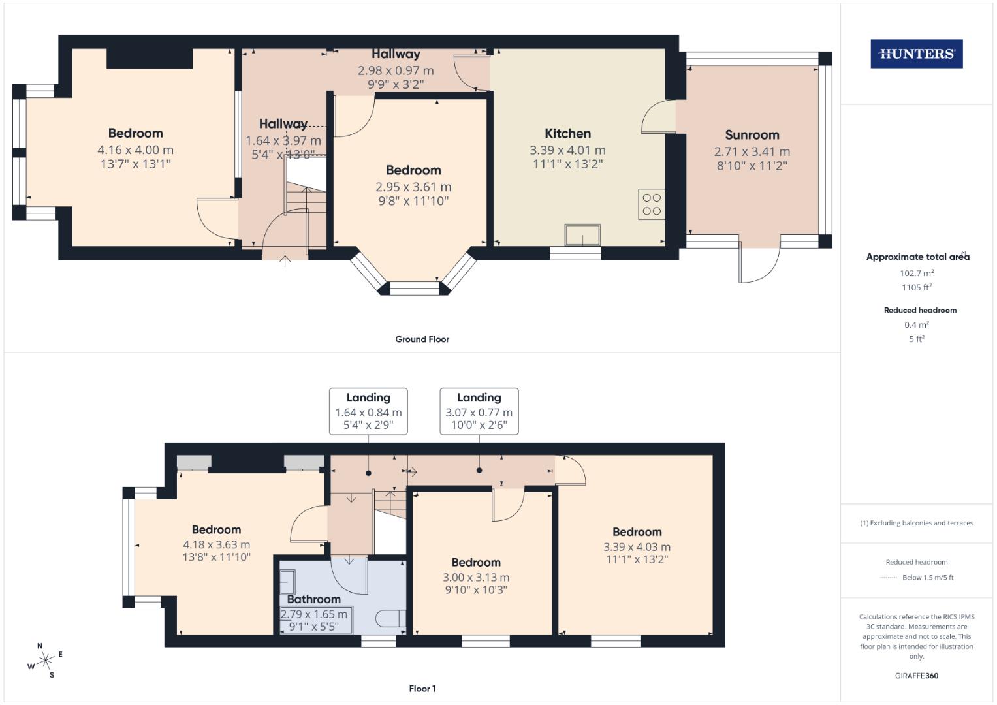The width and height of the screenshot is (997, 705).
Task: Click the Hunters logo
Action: (916, 54)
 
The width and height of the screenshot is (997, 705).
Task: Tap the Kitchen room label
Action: (567, 134)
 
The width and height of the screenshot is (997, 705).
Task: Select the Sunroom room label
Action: (752, 135)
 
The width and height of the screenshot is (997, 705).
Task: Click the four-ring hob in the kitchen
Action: (652, 204)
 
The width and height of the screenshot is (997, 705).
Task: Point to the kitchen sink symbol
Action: (582, 235)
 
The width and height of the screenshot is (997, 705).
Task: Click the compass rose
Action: (45, 661)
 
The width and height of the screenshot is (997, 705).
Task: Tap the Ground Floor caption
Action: (422, 339)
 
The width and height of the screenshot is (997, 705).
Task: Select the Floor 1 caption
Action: (422, 689)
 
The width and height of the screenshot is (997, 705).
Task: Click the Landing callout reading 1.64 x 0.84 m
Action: (368, 411)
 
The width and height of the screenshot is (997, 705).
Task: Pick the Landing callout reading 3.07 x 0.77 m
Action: (479, 411)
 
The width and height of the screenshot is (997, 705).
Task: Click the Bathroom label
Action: (314, 599)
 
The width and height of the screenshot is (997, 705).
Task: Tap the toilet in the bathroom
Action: (392, 618)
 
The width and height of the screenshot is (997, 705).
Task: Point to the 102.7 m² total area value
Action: (916, 274)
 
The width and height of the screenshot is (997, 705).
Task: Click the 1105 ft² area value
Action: (916, 287)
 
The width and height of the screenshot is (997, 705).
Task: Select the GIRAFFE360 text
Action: (916, 676)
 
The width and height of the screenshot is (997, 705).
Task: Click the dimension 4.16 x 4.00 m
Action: (135, 150)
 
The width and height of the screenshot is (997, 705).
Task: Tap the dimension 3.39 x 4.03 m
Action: (637, 547)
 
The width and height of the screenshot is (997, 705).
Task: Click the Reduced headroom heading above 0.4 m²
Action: (919, 311)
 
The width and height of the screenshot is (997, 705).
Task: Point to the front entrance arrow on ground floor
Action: (285, 260)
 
